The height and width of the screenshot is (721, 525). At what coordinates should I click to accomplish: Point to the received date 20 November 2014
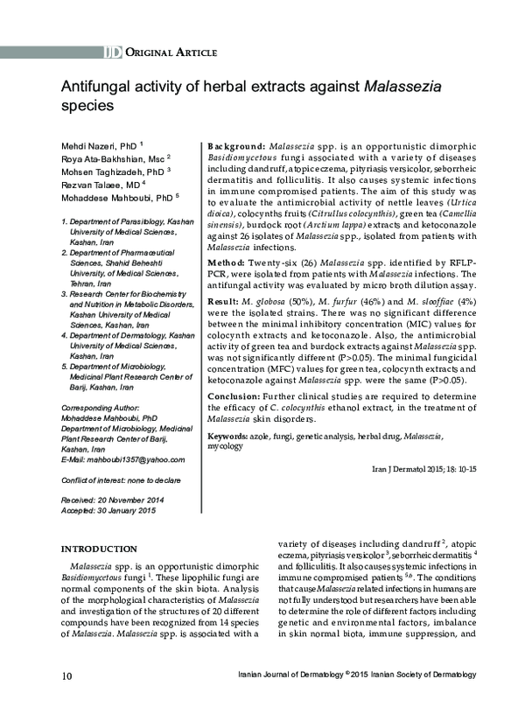pyautogui.click(x=129, y=500)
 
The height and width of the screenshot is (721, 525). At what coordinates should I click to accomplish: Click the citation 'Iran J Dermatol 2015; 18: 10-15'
pyautogui.click(x=424, y=470)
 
